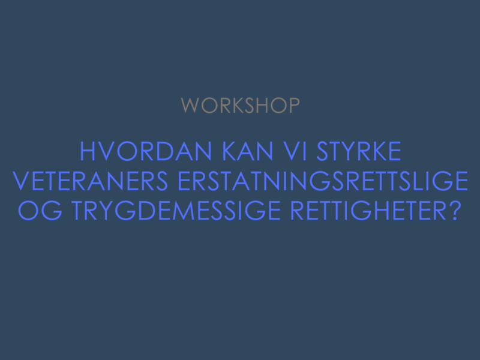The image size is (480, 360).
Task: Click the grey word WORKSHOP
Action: [241, 106]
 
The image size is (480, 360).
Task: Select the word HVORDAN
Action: [146, 151]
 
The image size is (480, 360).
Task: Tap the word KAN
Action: [247, 151]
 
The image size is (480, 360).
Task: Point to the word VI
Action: [295, 151]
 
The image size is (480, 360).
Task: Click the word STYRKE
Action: [358, 151]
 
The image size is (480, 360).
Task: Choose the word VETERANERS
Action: [90, 181]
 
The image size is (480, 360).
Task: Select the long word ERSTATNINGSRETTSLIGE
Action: [323, 181]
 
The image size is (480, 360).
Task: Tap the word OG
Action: [40, 211]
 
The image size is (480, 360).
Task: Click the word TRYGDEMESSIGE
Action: [176, 211]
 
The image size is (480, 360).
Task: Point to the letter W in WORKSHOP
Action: [190, 106]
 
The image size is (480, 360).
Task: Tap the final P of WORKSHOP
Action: [295, 106]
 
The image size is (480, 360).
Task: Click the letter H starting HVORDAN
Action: [87, 151]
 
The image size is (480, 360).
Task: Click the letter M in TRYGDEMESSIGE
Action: [184, 211]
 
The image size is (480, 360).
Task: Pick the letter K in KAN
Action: [229, 151]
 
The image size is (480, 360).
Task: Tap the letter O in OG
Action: [28, 211]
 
